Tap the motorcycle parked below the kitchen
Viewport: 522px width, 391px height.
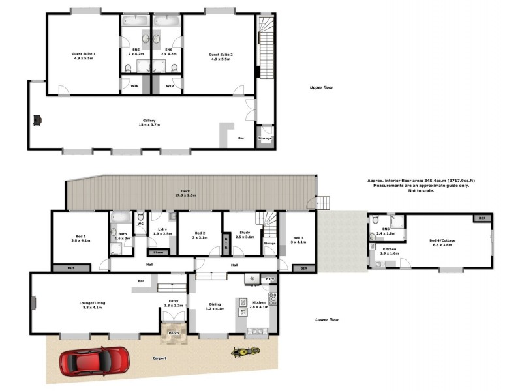[245, 353]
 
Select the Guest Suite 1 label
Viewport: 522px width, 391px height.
[84, 56]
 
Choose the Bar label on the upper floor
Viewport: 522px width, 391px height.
[241, 138]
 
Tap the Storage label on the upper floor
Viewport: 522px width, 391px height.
[264, 138]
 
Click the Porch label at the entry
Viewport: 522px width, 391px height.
[174, 333]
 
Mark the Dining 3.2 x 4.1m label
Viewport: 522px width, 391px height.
[216, 306]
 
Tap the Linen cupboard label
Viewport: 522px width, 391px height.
[158, 252]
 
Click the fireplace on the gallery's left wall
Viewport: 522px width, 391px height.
[37, 119]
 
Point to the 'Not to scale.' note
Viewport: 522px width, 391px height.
[421, 190]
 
